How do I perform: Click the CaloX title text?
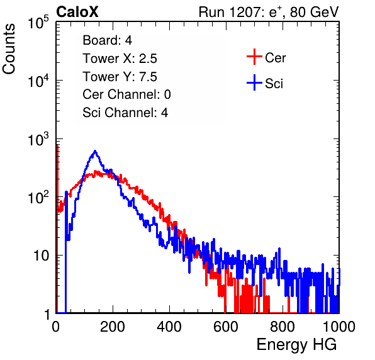(x=77, y=12)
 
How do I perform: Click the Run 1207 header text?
(x=269, y=12)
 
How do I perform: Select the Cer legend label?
(x=275, y=58)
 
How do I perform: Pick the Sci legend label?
(x=274, y=84)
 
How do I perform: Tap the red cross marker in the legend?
(x=254, y=57)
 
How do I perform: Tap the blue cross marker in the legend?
(x=254, y=82)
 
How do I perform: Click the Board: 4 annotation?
(x=107, y=40)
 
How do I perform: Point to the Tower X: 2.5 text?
(x=120, y=59)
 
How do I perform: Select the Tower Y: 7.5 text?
(x=120, y=77)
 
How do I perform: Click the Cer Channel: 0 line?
(x=126, y=94)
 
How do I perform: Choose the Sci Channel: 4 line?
(x=125, y=113)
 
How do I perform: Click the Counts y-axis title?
(x=9, y=48)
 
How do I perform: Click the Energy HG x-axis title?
(x=296, y=344)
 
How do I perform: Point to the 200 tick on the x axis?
(x=113, y=327)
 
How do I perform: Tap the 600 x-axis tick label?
(x=226, y=327)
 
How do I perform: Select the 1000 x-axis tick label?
(x=339, y=327)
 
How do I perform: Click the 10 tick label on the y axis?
(x=42, y=256)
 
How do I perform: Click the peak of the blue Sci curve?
(x=95, y=151)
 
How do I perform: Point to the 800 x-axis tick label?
(x=283, y=327)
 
